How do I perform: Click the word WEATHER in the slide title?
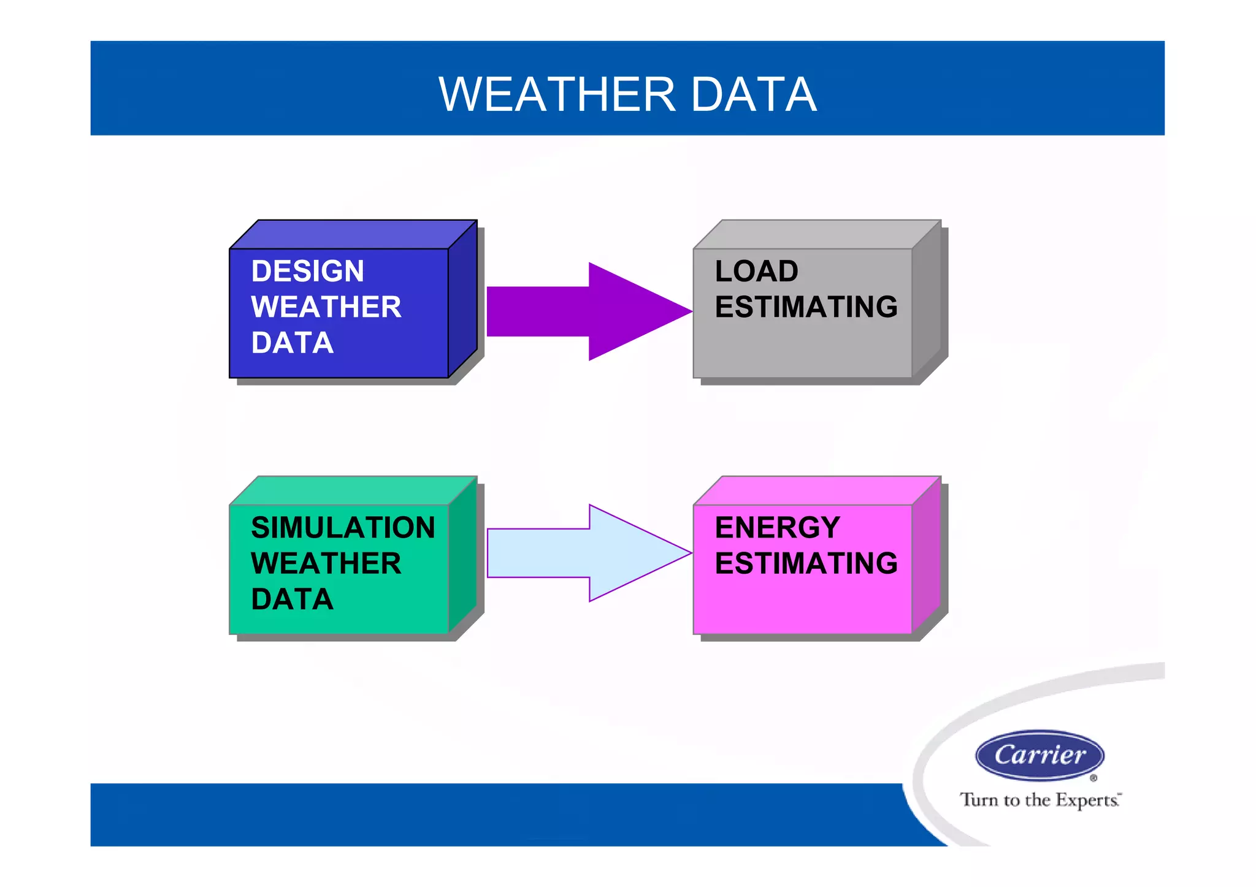[x=557, y=95]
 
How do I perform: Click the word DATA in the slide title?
[x=754, y=95]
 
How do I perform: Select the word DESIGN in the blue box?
[x=307, y=272]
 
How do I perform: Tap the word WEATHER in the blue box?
[x=326, y=307]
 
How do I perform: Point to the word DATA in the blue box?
[x=292, y=343]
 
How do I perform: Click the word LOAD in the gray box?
[x=756, y=272]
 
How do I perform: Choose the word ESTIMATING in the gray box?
[x=806, y=307]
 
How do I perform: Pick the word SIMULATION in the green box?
[x=343, y=528]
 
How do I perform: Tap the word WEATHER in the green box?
[x=326, y=563]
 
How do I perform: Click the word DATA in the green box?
[x=292, y=600]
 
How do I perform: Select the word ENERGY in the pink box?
[x=777, y=528]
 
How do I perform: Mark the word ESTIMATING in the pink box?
[x=806, y=563]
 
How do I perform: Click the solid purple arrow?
[x=589, y=311]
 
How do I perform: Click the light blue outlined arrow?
[x=589, y=553]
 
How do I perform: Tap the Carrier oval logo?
[x=1040, y=755]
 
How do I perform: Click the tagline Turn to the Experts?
[x=1040, y=800]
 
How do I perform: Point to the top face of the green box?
[x=353, y=490]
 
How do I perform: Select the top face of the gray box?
[x=817, y=234]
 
